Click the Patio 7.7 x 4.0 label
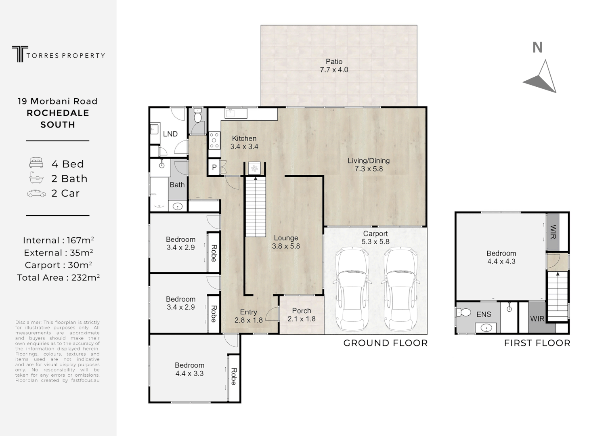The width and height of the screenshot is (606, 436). point(334,66)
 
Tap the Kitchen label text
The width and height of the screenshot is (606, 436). point(244,138)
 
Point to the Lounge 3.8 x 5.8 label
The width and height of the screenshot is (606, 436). point(286,242)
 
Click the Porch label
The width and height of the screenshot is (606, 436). point(302,311)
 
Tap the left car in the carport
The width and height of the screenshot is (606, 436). point(352,289)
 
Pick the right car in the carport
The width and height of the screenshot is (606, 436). point(401,289)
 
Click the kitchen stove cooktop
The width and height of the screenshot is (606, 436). point(214,140)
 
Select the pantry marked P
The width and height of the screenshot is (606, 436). point(214,168)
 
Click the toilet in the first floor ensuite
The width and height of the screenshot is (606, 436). point(464,312)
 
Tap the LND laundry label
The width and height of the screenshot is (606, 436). point(170,134)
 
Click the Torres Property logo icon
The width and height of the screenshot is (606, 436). point(20,54)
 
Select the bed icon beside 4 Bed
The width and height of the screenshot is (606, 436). point(36,163)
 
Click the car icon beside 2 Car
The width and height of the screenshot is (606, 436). point(36,193)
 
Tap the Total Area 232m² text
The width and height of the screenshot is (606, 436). point(58,277)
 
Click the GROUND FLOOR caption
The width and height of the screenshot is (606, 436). point(386,343)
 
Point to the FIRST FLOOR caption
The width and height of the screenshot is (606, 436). point(537,343)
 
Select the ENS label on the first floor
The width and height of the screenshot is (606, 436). point(484,314)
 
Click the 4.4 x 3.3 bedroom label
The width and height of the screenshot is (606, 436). point(189,373)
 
